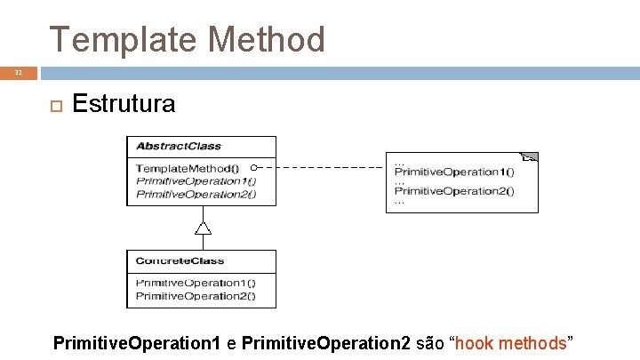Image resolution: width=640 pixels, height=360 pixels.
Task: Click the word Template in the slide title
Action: click(123, 39)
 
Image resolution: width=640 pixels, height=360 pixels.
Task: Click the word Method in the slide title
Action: click(265, 39)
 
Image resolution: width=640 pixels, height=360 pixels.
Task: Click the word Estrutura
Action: click(124, 104)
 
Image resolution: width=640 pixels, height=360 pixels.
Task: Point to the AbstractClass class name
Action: click(178, 147)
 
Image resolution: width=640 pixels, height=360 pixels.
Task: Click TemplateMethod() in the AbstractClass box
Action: click(187, 168)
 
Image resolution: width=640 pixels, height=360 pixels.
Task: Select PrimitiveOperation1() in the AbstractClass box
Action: click(196, 180)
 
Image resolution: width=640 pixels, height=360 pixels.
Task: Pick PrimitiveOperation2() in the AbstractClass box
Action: click(196, 194)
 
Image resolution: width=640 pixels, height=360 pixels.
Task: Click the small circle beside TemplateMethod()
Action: click(253, 167)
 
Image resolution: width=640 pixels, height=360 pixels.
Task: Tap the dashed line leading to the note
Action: click(320, 167)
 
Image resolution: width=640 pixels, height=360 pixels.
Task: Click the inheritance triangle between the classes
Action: click(203, 228)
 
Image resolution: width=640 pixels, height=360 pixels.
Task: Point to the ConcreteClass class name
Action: click(180, 261)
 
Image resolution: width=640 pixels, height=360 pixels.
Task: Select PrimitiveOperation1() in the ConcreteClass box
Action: click(195, 283)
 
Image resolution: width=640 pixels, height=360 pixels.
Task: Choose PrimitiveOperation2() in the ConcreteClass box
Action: click(195, 295)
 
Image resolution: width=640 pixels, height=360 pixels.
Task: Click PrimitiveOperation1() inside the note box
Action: click(454, 172)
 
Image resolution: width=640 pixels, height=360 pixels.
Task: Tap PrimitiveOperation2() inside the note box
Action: click(454, 190)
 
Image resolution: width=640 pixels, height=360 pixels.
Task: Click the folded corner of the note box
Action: click(531, 157)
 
